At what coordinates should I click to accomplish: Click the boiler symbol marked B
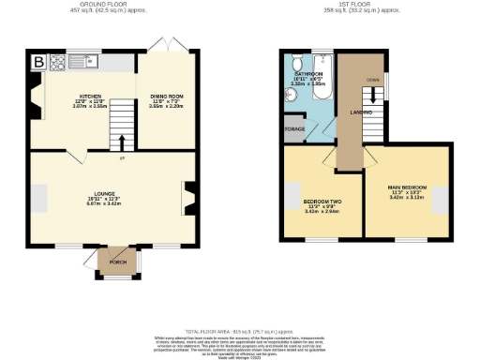38,63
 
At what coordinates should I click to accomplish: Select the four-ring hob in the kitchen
57,63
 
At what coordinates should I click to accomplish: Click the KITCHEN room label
91,96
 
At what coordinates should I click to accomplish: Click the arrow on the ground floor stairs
121,142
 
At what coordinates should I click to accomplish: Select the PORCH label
118,262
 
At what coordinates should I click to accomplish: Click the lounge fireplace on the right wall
190,199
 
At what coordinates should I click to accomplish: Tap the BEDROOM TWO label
321,202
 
